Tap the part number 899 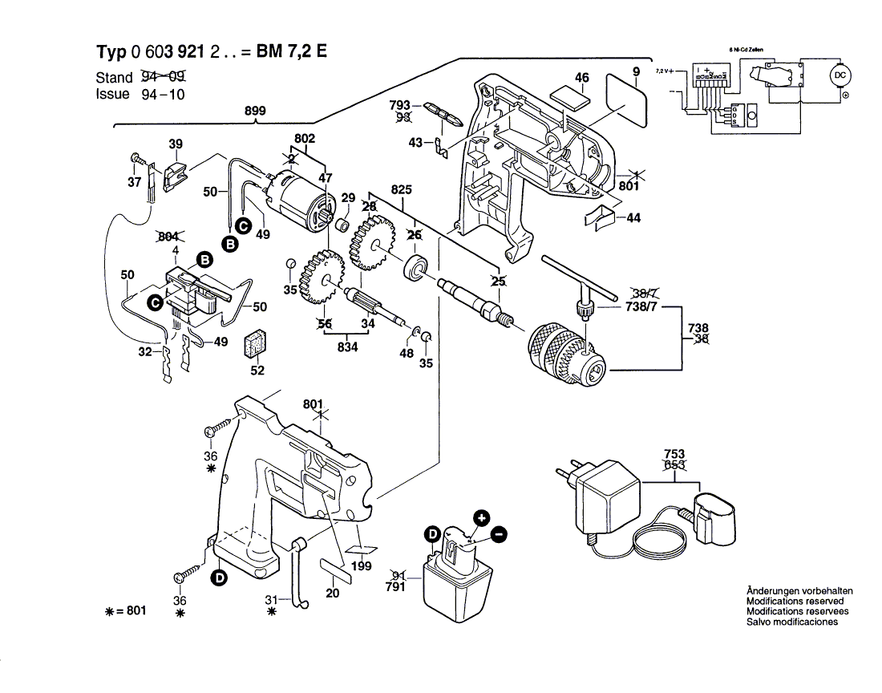pyautogui.click(x=254, y=111)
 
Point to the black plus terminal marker pyautogui.click(x=480, y=518)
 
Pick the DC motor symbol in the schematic pyautogui.click(x=840, y=76)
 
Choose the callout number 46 pyautogui.click(x=582, y=77)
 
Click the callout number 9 pyautogui.click(x=636, y=73)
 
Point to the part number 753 pyautogui.click(x=674, y=453)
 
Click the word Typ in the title pyautogui.click(x=112, y=53)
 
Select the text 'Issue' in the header pyautogui.click(x=112, y=94)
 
